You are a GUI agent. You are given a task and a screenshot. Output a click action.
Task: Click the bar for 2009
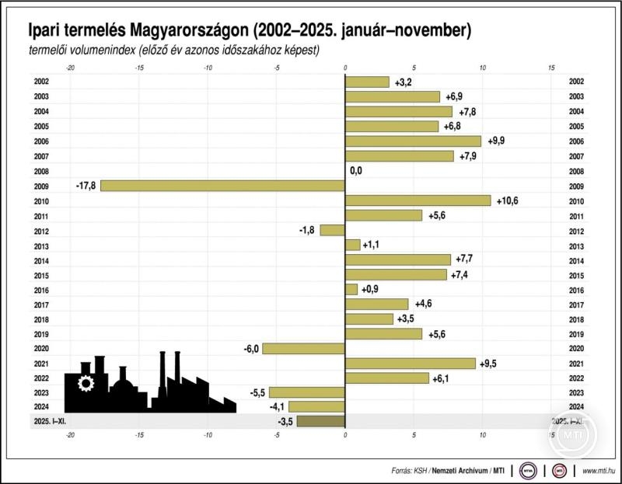point(222,186)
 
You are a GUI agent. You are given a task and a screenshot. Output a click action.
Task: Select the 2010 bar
point(418,200)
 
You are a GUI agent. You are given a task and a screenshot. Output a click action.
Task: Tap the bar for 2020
point(303,348)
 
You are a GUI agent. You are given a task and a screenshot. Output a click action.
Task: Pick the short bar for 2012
point(332,230)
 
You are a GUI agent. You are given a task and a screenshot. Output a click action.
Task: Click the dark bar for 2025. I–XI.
point(320,422)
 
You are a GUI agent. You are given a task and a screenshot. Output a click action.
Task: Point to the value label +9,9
point(497,141)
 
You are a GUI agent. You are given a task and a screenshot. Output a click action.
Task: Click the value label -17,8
point(86,186)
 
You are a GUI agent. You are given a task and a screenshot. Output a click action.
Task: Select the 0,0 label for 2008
point(356,171)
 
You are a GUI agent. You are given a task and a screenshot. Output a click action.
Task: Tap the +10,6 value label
point(506,200)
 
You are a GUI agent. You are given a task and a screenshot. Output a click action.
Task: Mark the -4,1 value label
point(277,407)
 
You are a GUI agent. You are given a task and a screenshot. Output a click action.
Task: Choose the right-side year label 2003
point(576,96)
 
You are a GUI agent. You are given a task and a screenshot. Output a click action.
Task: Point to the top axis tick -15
point(139,68)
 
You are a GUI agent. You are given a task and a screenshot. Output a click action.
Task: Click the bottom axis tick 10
point(482,435)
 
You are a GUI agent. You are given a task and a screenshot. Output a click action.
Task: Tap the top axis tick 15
point(551,68)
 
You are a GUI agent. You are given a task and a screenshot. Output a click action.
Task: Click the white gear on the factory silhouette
point(85,383)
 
